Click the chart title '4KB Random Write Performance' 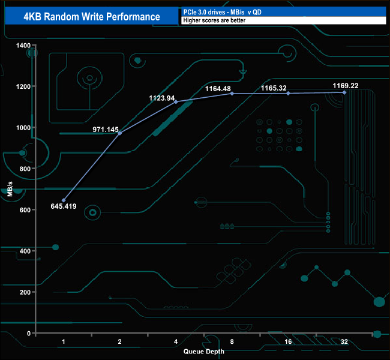pos(92,17)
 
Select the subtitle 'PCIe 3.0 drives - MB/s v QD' pos(223,12)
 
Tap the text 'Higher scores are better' pos(214,20)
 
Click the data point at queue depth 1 pos(64,200)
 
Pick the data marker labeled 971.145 pos(119,133)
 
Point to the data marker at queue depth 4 pos(176,102)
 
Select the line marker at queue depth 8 pos(232,94)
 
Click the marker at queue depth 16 pos(288,93)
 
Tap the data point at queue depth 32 pos(344,92)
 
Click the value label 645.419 pos(64,206)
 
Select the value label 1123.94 pos(162,98)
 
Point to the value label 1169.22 pos(346,86)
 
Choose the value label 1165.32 pos(274,88)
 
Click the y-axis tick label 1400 pos(23,46)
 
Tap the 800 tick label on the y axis pos(25,169)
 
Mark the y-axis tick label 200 pos(25,292)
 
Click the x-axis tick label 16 pos(288,341)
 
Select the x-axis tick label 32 pos(344,341)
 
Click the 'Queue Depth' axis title pos(204,352)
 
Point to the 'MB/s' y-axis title pos(10,189)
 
